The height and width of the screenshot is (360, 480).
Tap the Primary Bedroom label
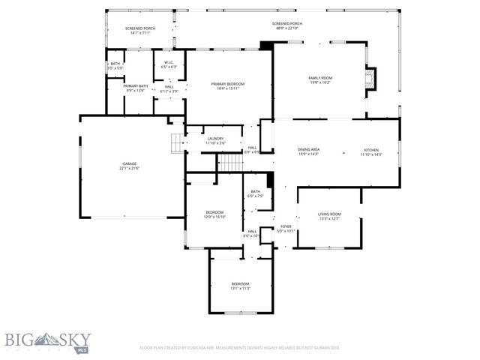pos(228,84)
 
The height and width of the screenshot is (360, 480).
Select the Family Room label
pos(320,78)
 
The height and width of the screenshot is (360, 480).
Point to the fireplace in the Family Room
pos(369,79)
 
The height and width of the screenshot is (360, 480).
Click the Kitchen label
pos(371,149)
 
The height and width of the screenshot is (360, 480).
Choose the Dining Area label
pos(309,149)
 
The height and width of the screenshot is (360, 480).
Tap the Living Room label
pos(330,214)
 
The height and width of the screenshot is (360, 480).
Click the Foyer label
pos(286,226)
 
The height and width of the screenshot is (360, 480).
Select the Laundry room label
pos(216,139)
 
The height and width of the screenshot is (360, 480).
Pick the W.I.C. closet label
pos(169,62)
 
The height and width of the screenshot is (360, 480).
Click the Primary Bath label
pos(136,86)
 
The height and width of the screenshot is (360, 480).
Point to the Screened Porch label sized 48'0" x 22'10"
pos(286,23)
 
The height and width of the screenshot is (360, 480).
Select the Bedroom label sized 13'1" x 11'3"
pos(240,283)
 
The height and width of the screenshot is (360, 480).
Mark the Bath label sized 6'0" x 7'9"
pos(256,192)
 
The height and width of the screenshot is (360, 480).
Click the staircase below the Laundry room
pos(231,162)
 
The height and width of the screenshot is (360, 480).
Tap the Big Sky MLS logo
pos(46,342)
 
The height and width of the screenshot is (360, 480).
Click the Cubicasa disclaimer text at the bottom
pos(240,348)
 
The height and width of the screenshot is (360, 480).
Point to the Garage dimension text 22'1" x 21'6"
pos(130,169)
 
